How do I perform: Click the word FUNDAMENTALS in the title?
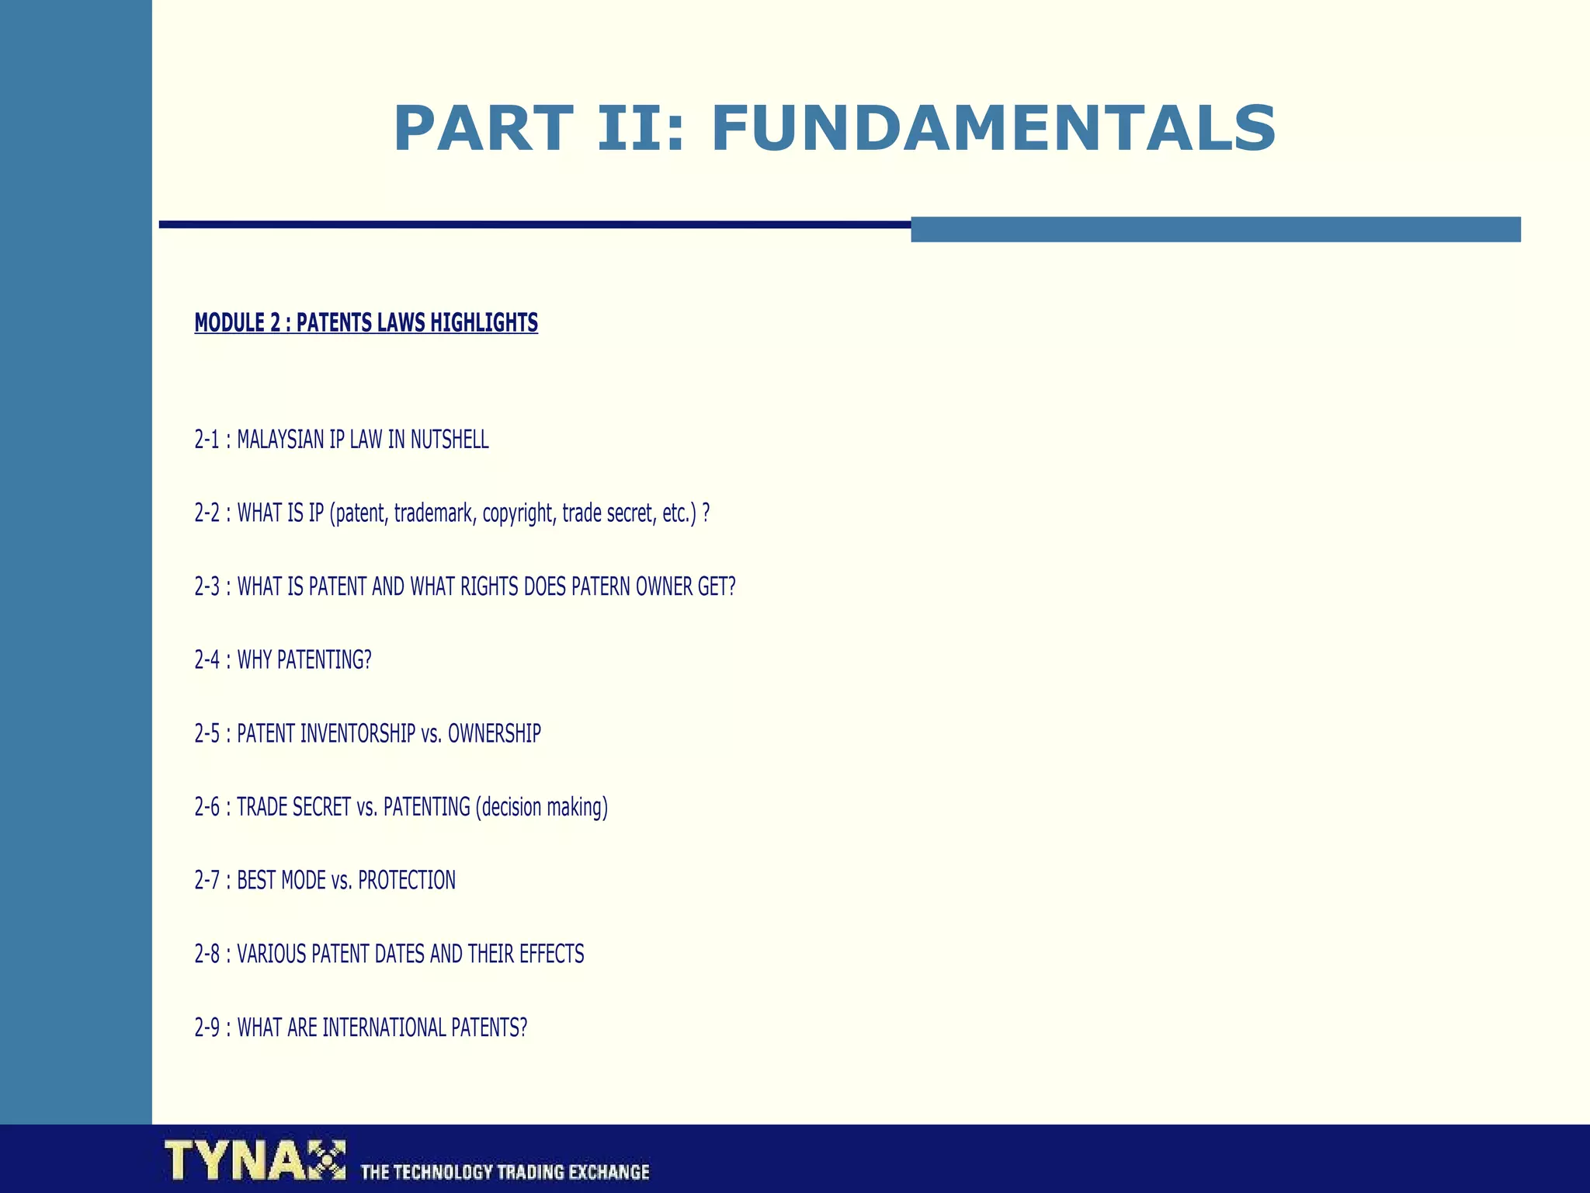[993, 129]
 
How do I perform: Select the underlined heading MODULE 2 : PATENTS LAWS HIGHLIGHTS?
[366, 323]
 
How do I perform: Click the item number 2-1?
[207, 440]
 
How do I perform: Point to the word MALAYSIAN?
[280, 440]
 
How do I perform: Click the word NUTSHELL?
[450, 440]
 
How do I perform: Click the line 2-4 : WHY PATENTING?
[283, 660]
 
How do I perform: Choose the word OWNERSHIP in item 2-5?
[495, 734]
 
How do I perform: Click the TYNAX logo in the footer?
[255, 1160]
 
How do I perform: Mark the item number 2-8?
[207, 955]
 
